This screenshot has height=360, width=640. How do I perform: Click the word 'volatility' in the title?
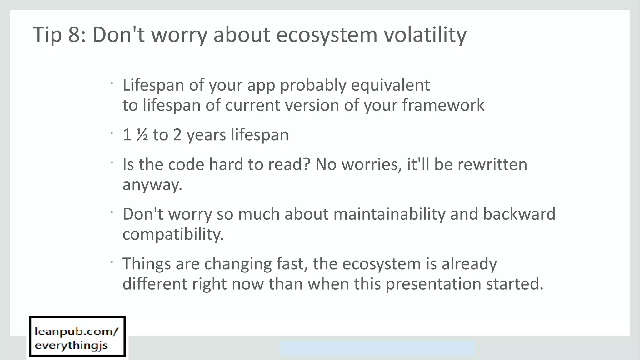[x=425, y=35]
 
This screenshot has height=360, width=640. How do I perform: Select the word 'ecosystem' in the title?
[x=327, y=35]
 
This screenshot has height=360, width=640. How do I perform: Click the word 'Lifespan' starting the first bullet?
[x=153, y=85]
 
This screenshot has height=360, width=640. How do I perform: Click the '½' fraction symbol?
[x=142, y=135]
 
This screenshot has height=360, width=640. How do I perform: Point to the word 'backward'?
[x=519, y=214]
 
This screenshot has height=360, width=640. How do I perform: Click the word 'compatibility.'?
[x=173, y=234]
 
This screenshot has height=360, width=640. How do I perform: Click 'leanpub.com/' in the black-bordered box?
[x=77, y=331]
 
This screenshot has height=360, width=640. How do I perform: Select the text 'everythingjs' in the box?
[x=71, y=345]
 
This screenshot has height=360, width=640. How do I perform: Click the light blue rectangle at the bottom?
[x=376, y=348]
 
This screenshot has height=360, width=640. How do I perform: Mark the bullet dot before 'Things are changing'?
[x=112, y=262]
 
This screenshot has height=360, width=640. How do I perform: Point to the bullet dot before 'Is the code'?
[x=112, y=162]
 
